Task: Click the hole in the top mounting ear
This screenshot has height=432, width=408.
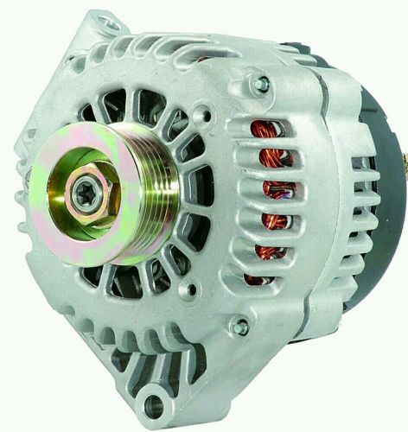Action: point(111,24)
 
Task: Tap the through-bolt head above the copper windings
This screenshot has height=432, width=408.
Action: point(261,84)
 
